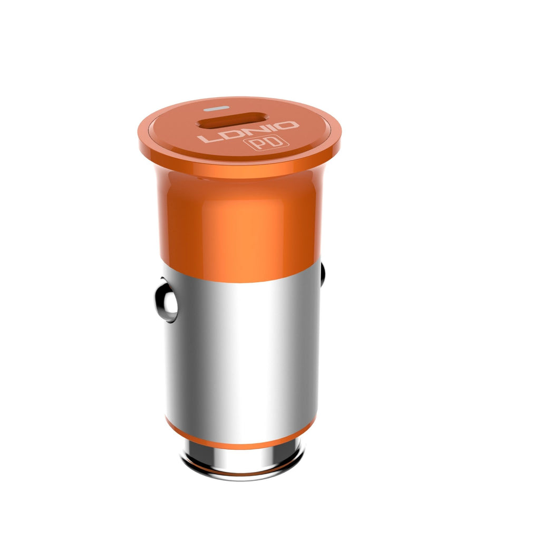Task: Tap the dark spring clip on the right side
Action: click(x=322, y=274)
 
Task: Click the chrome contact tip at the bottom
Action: click(x=243, y=460)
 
